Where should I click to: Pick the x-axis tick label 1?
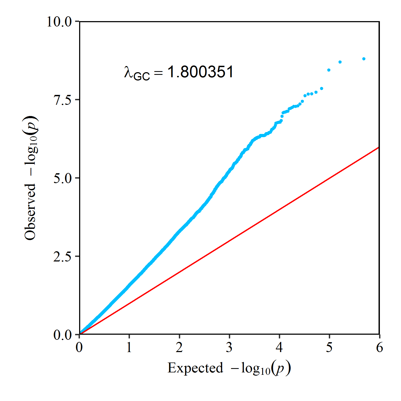point(129,347)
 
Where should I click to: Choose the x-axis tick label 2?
point(179,347)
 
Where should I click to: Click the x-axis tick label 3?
point(229,347)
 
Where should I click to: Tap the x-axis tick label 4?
point(279,347)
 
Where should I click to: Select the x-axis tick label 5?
point(329,347)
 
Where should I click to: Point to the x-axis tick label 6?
point(379,347)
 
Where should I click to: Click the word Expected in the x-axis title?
point(195,368)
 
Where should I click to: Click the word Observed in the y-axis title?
point(30,212)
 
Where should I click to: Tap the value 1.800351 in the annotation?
point(200,72)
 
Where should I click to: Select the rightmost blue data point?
point(364,59)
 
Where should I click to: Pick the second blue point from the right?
point(340,62)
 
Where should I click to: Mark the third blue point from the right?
point(329,70)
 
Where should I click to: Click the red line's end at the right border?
point(379,147)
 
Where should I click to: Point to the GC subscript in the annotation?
point(141,76)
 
